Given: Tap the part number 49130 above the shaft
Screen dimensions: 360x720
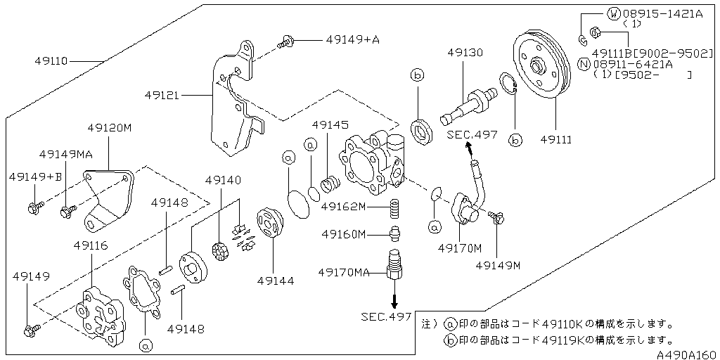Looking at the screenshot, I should (465, 53).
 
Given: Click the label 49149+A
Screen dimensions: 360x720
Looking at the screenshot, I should (352, 40).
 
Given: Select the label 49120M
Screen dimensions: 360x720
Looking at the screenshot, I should (109, 128).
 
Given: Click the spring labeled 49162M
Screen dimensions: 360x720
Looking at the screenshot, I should (396, 209).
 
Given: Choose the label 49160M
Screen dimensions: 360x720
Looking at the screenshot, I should (344, 233).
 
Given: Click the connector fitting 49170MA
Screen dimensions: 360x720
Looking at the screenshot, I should (394, 265).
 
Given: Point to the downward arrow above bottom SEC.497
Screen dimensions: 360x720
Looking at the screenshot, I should (394, 299).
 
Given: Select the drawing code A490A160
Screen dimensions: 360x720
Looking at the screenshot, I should (687, 354).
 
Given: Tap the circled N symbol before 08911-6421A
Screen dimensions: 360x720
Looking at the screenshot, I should (583, 63).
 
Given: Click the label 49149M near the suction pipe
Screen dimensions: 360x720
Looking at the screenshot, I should (497, 265).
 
